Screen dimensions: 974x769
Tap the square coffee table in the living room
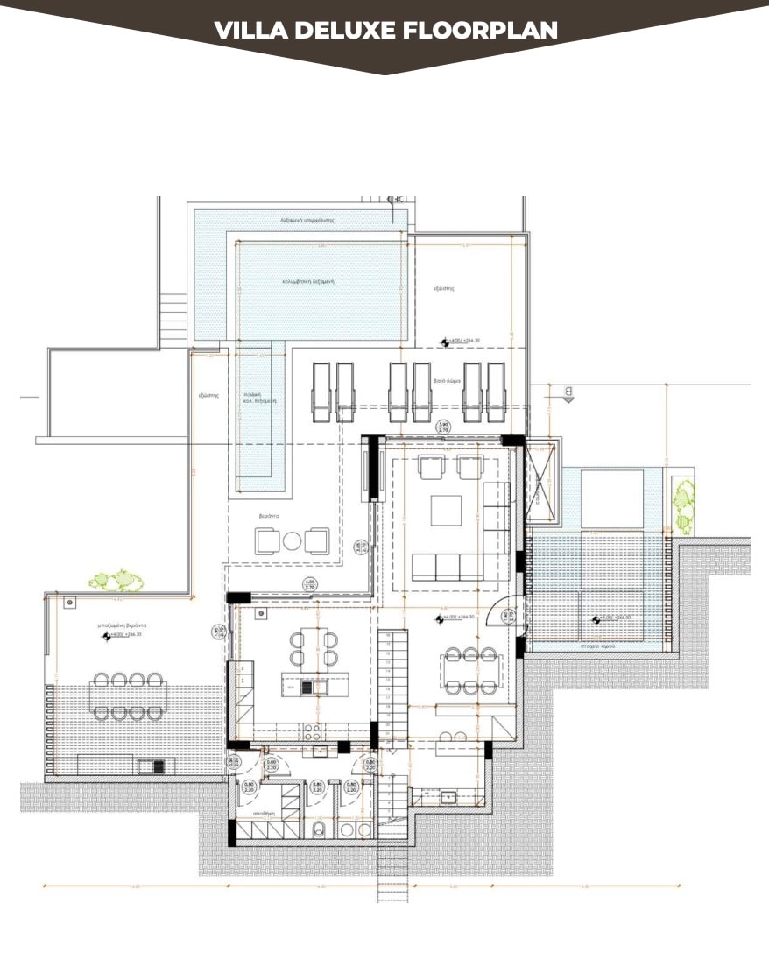(446, 509)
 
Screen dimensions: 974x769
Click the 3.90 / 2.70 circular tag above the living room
(444, 429)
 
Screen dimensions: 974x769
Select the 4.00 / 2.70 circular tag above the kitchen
(309, 584)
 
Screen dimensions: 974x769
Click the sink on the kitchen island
(307, 688)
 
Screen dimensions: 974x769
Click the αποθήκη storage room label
(265, 814)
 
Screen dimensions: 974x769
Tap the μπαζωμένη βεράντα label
(122, 625)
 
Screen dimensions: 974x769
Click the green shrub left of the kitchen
(116, 580)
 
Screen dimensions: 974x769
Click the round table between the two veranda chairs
(293, 540)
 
